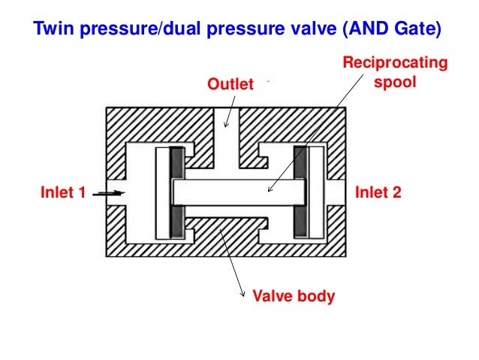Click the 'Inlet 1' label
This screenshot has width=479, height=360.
[62, 193]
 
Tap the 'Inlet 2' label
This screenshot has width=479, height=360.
[378, 193]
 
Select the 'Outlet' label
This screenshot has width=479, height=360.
[231, 84]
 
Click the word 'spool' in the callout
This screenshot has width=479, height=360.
[393, 81]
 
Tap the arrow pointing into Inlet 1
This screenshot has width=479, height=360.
[108, 193]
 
